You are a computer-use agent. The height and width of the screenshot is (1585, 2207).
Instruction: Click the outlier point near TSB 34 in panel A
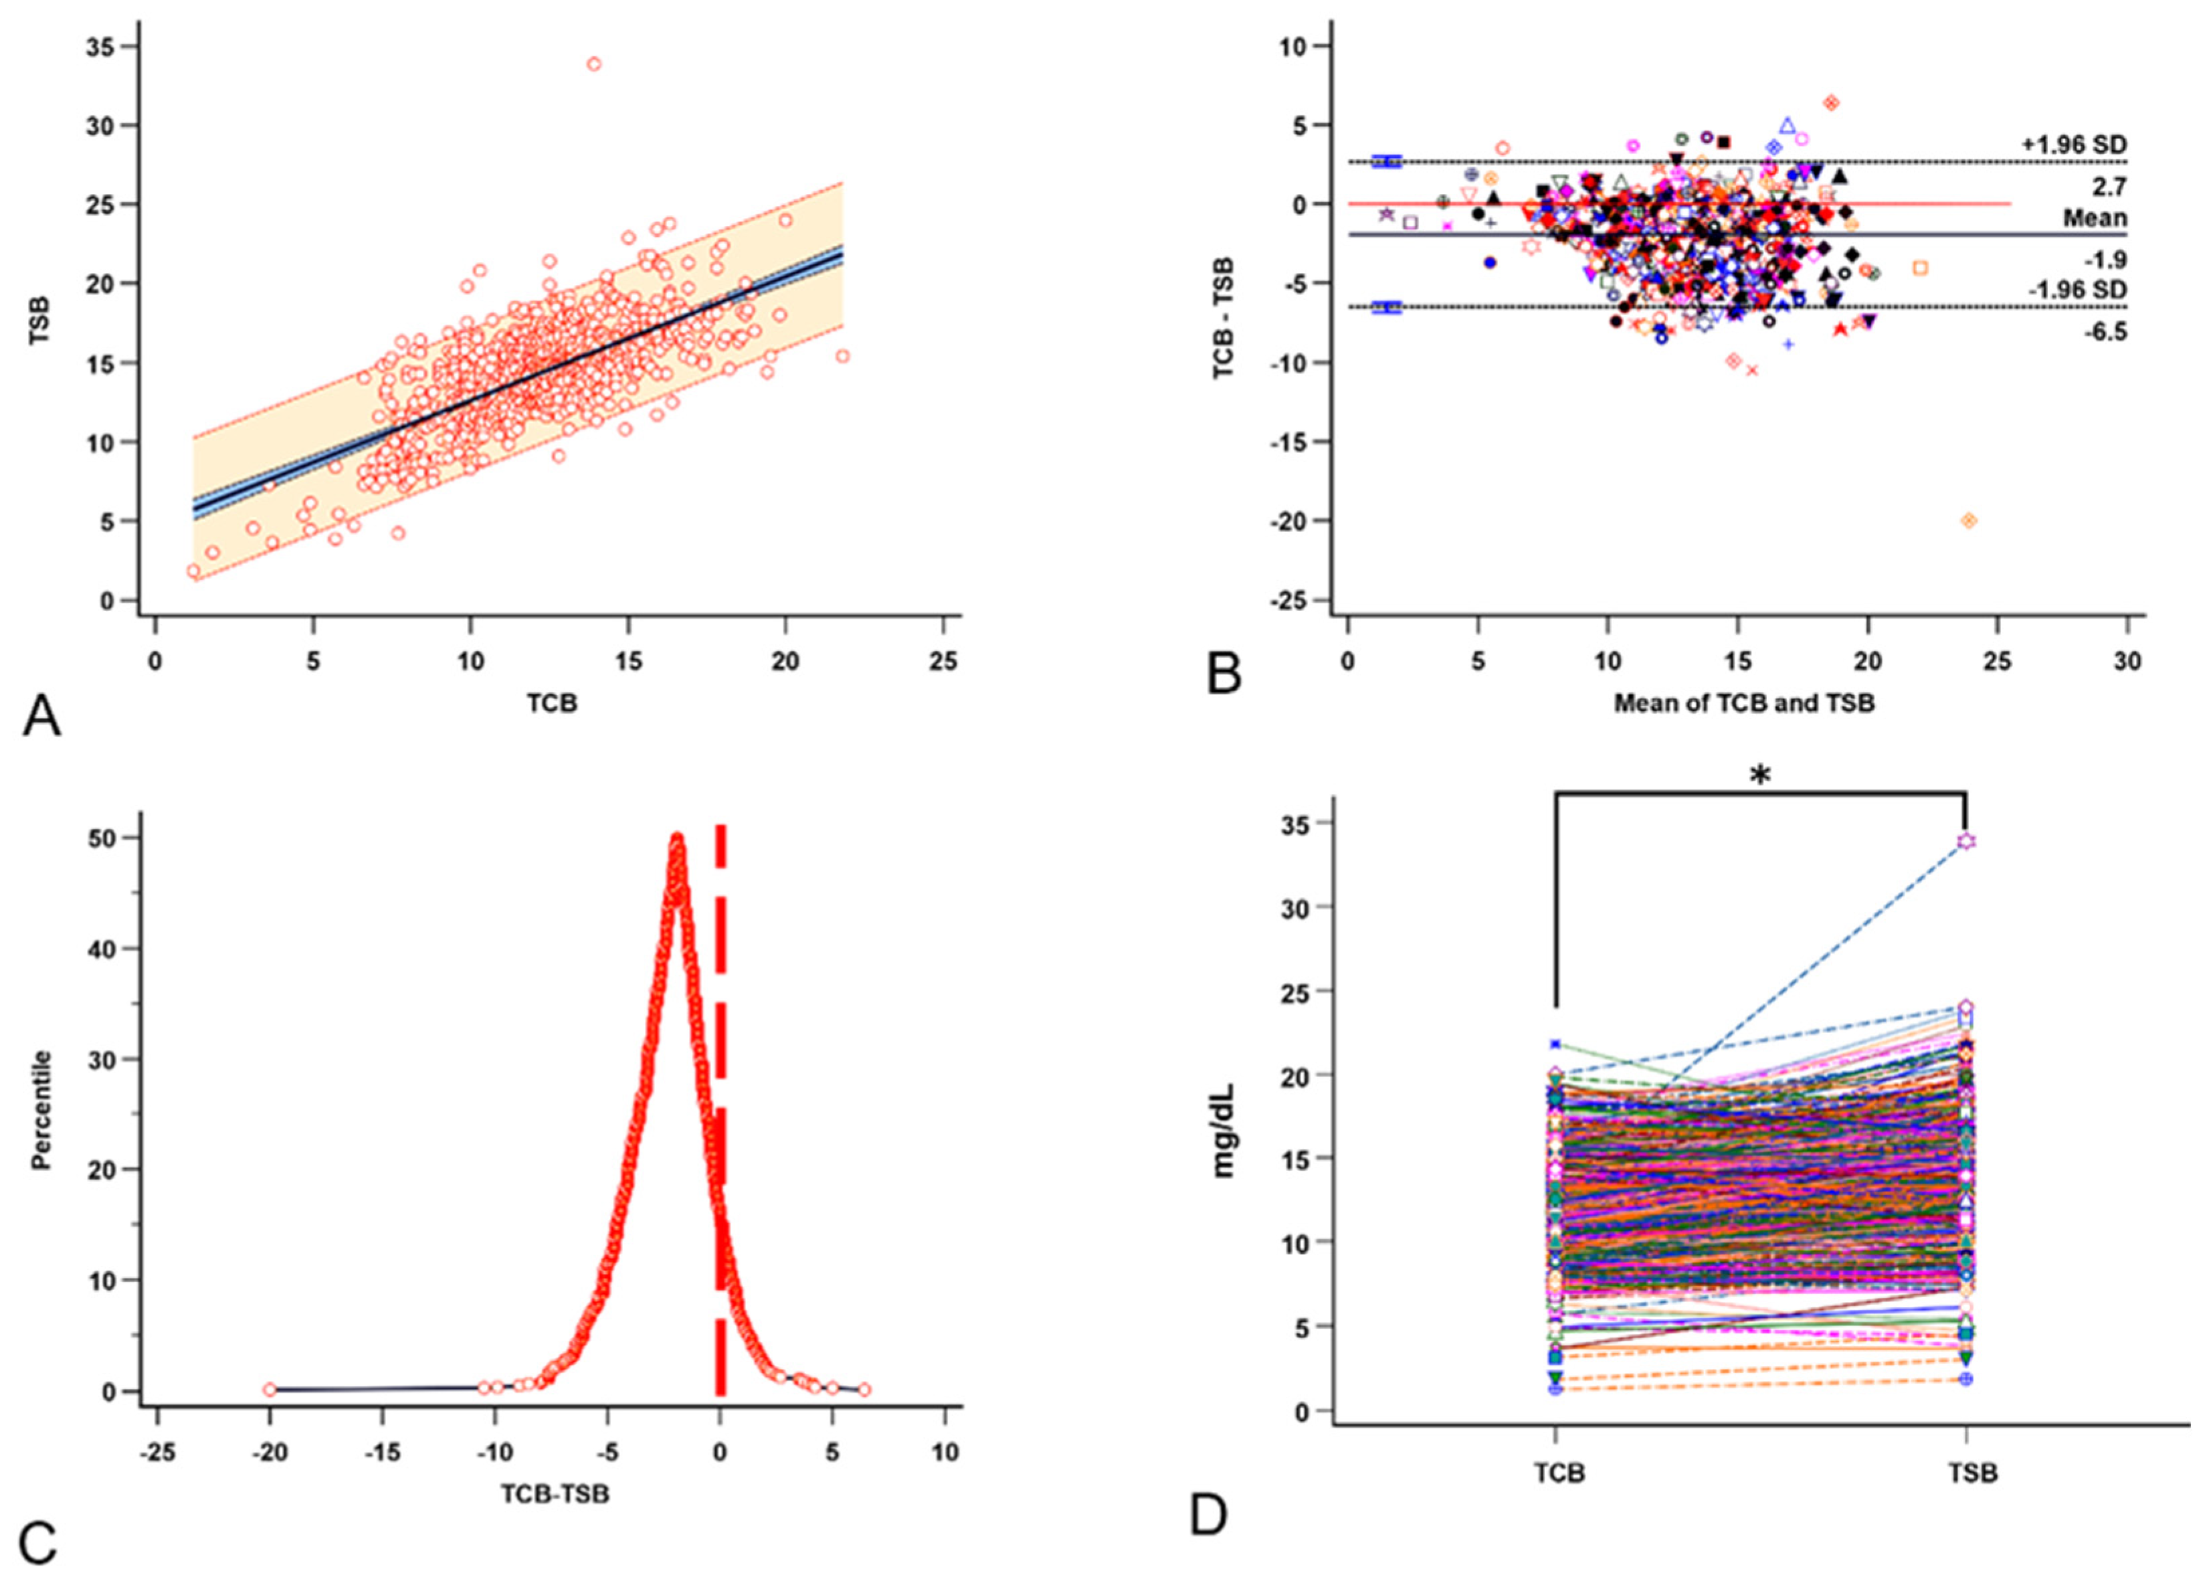593,64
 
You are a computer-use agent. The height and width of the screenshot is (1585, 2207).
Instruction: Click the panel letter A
41,717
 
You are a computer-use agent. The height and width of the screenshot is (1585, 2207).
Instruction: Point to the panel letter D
1209,1515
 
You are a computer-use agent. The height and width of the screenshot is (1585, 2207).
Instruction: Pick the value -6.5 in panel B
2104,333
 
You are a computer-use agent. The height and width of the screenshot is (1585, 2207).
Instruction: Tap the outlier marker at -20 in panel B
1969,521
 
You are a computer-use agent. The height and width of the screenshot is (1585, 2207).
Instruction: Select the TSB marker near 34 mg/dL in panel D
1967,840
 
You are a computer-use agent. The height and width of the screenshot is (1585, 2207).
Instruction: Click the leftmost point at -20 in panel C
270,1390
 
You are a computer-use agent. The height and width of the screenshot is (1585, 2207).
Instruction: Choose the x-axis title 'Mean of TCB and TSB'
1744,703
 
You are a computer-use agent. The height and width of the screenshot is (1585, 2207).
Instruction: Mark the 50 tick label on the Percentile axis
101,838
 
